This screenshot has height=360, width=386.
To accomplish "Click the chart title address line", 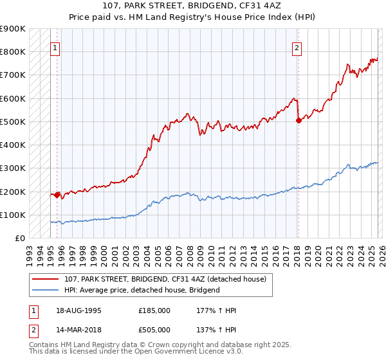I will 193,5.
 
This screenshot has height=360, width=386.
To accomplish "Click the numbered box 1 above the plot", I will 55,47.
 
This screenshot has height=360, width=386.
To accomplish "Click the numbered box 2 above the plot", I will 297,47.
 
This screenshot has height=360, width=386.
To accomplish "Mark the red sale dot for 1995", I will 57,194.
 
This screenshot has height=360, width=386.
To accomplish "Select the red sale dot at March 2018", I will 299,120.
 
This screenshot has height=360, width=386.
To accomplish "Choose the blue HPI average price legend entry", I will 142,290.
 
